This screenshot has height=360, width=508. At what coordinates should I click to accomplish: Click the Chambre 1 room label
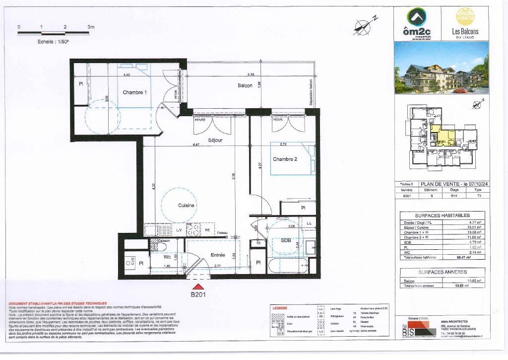click(x=135, y=92)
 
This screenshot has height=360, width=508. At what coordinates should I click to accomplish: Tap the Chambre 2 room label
click(x=285, y=159)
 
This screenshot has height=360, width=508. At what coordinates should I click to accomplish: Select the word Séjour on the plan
click(x=215, y=141)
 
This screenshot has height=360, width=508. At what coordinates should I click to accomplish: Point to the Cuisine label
click(x=186, y=205)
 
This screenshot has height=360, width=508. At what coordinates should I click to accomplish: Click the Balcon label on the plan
click(x=245, y=85)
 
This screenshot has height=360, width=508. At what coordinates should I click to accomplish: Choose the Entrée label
click(x=218, y=255)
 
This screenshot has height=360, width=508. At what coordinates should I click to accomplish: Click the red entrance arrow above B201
click(x=198, y=287)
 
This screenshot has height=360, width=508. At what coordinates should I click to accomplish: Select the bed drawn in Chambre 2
click(x=293, y=159)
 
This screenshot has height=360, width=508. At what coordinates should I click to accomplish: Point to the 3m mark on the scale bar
click(x=91, y=27)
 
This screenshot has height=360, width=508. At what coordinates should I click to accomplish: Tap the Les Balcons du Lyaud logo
click(x=465, y=23)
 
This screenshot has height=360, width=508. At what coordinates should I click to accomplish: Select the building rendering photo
click(x=441, y=69)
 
